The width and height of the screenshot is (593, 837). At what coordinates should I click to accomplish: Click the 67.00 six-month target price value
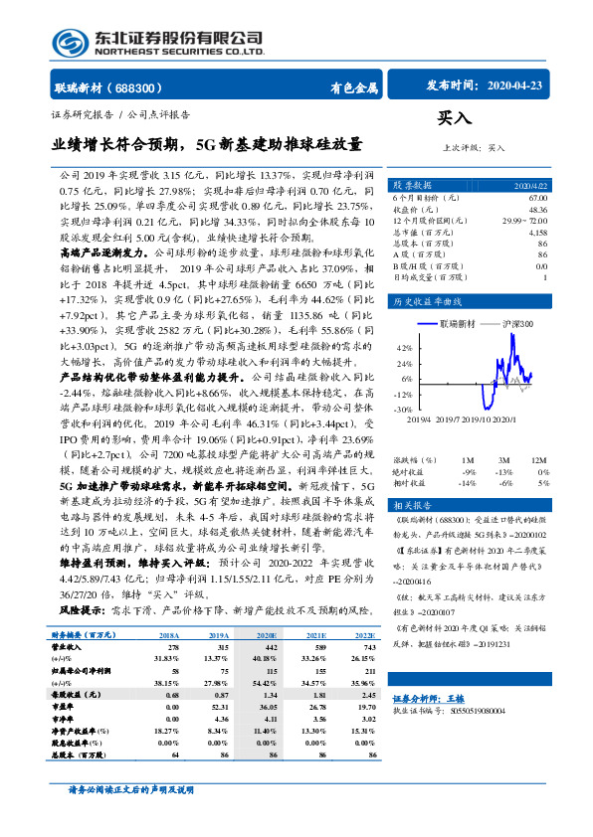click(537, 199)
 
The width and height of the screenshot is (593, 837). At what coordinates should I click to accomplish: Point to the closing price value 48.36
click(537, 210)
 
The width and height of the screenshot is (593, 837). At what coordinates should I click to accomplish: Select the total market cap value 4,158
click(536, 232)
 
